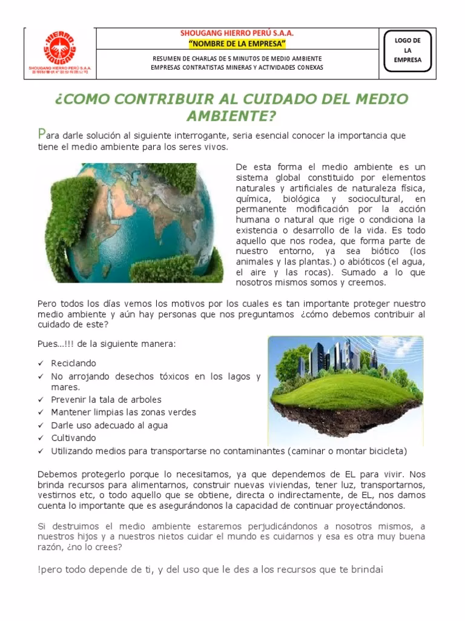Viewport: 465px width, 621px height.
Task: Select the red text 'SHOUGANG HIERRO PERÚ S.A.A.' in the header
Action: pyautogui.click(x=236, y=34)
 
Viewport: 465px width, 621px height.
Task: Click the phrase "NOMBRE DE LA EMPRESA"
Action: pyautogui.click(x=237, y=44)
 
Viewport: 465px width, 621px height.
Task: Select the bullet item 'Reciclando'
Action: pyautogui.click(x=73, y=363)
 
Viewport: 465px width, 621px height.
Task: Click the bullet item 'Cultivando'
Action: pyautogui.click(x=73, y=438)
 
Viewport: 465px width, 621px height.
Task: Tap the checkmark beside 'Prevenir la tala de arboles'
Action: pyautogui.click(x=41, y=400)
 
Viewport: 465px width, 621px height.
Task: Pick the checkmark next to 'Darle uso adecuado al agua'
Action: pyautogui.click(x=41, y=426)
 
